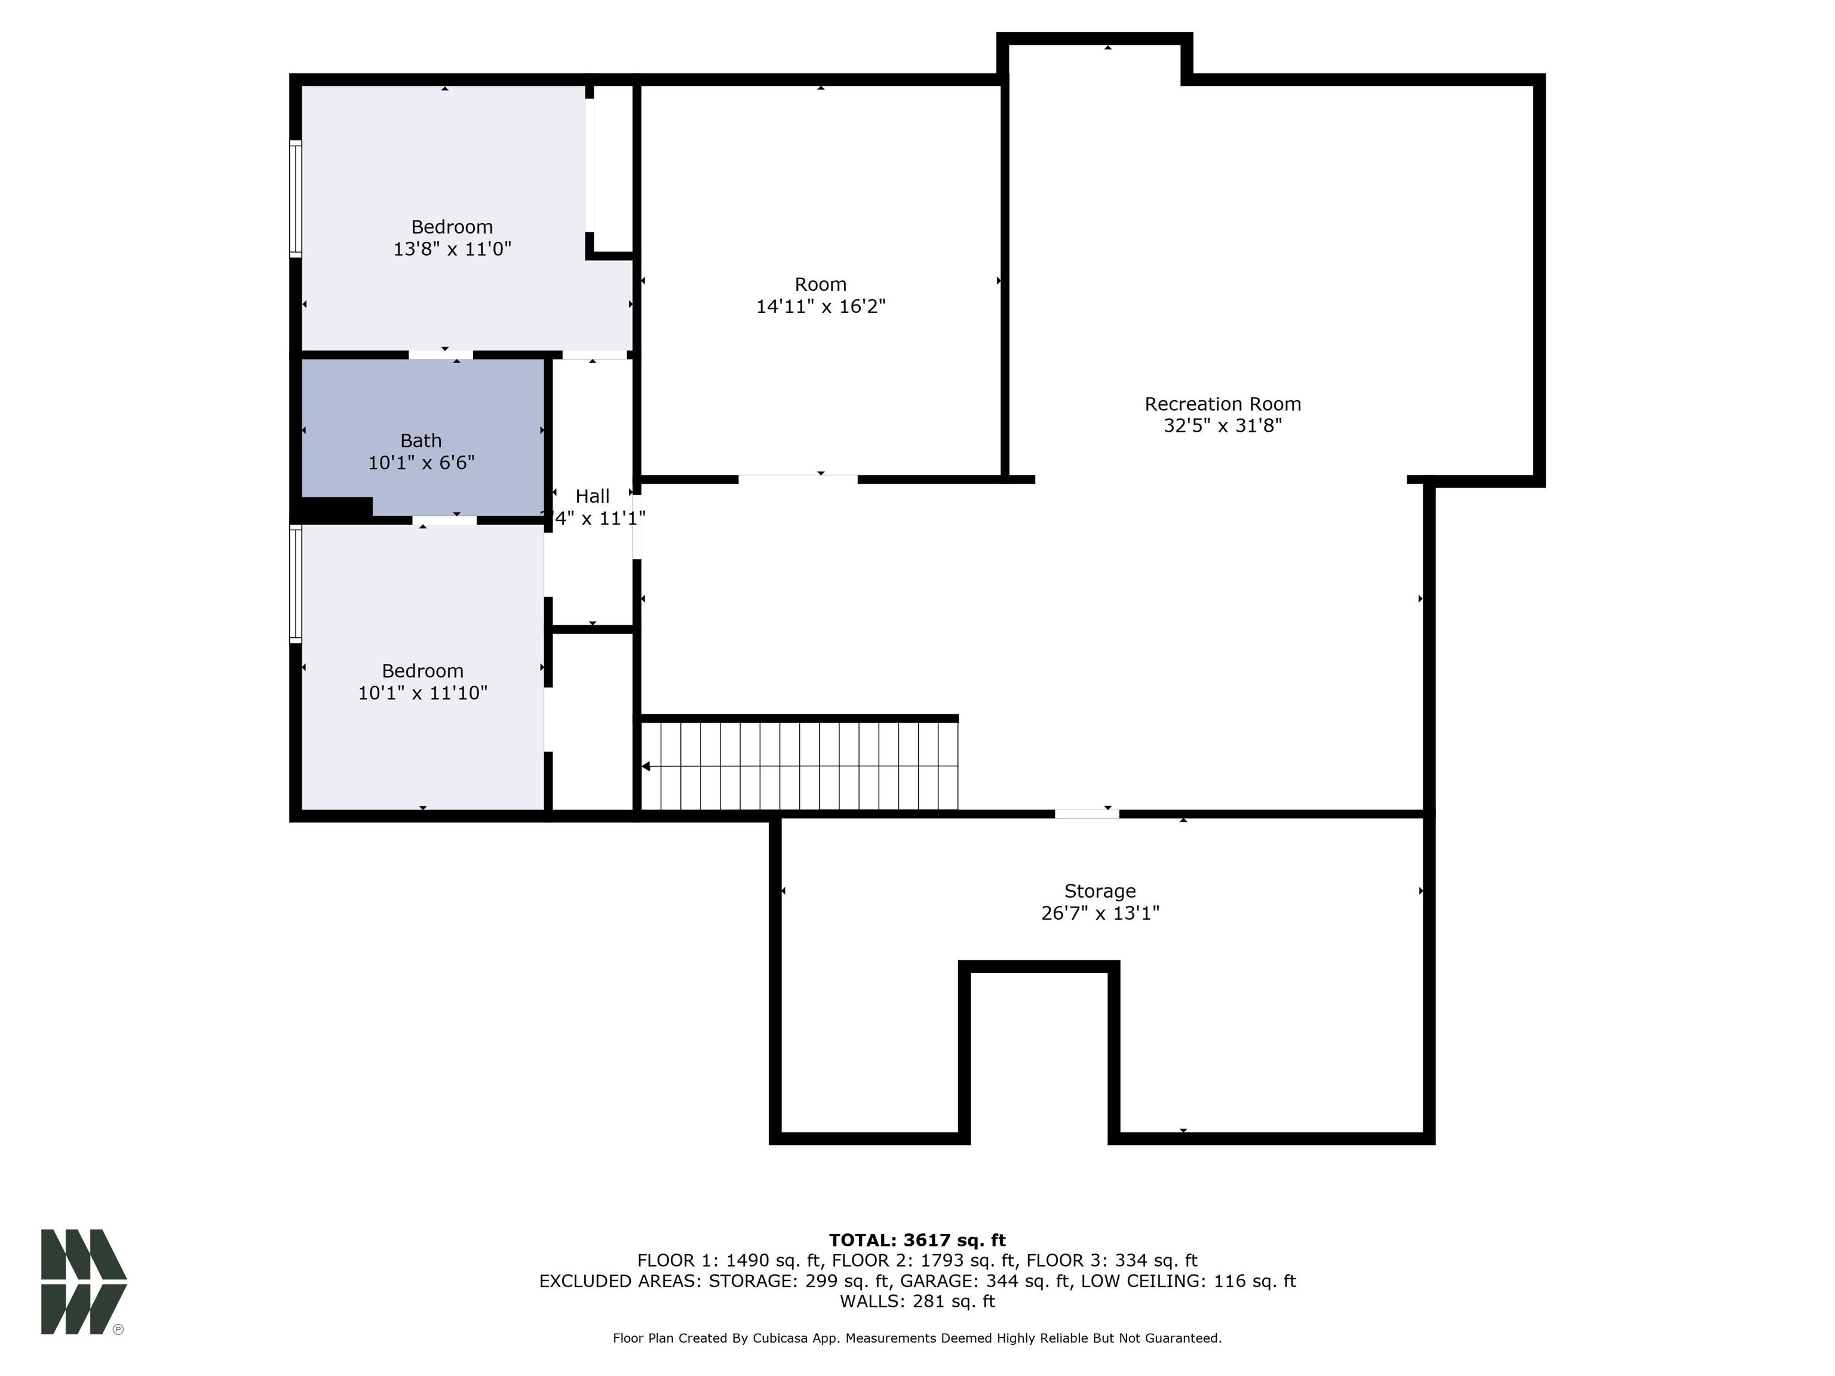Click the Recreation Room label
pos(1222,404)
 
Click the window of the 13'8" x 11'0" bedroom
pos(295,198)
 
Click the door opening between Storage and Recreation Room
pos(1086,813)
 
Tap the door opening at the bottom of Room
pos(797,478)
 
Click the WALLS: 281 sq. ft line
pos(917,1301)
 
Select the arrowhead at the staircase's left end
pos(646,766)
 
